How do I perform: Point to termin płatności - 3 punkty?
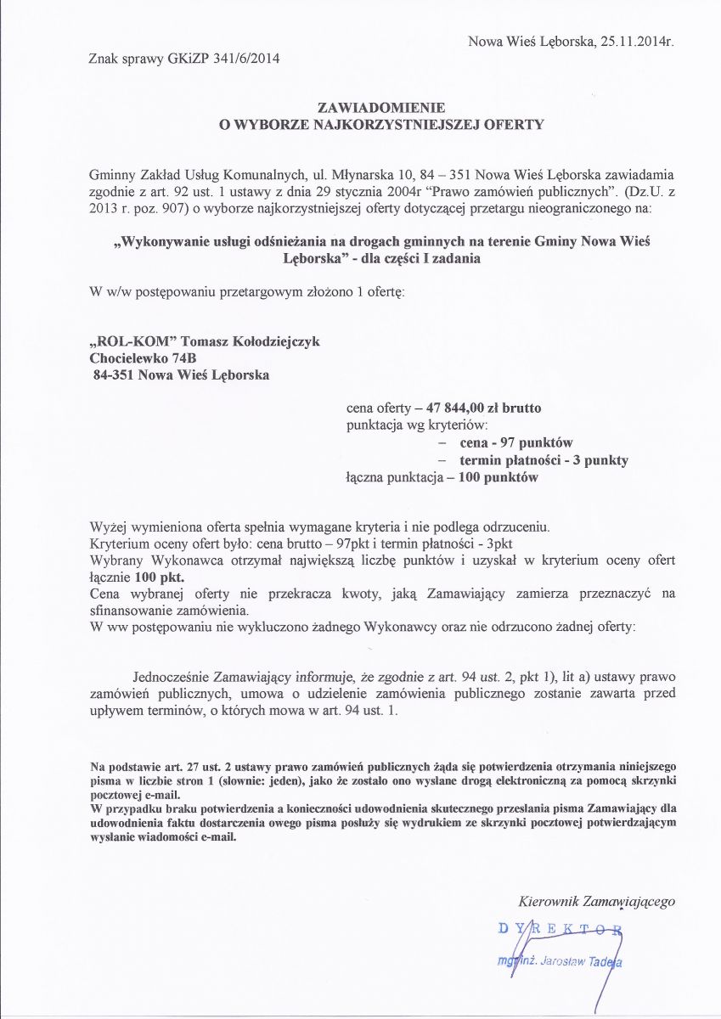(544, 459)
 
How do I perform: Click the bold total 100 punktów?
(498, 477)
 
